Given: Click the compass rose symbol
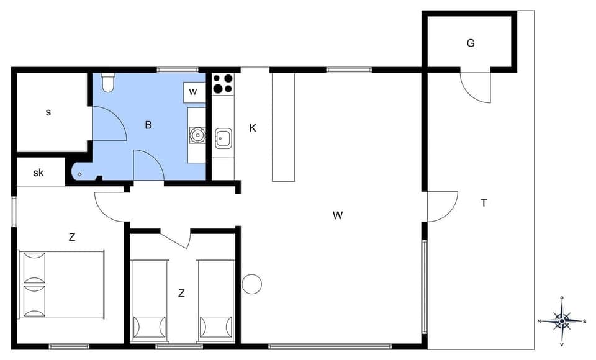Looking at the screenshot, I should (x=561, y=321).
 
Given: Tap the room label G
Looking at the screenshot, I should (x=471, y=43).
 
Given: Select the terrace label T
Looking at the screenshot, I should (x=484, y=202).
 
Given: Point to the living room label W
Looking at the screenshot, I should (x=338, y=216).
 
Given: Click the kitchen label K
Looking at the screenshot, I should (x=253, y=128).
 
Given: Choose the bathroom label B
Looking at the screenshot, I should (x=148, y=125).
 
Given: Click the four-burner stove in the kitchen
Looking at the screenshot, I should (x=223, y=84).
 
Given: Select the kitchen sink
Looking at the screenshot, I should (x=223, y=138).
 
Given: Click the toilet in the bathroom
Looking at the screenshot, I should (x=108, y=83).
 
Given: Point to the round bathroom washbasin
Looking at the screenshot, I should (x=197, y=135).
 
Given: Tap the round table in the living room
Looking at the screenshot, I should (x=251, y=284).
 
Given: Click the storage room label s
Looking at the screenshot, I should (x=48, y=113).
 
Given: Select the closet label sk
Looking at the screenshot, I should (x=38, y=173).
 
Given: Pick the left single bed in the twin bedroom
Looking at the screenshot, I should (x=149, y=300).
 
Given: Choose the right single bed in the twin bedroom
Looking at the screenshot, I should (x=216, y=300).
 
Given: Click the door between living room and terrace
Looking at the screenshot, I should (x=441, y=207).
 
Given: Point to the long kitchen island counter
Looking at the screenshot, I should (x=283, y=127).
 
